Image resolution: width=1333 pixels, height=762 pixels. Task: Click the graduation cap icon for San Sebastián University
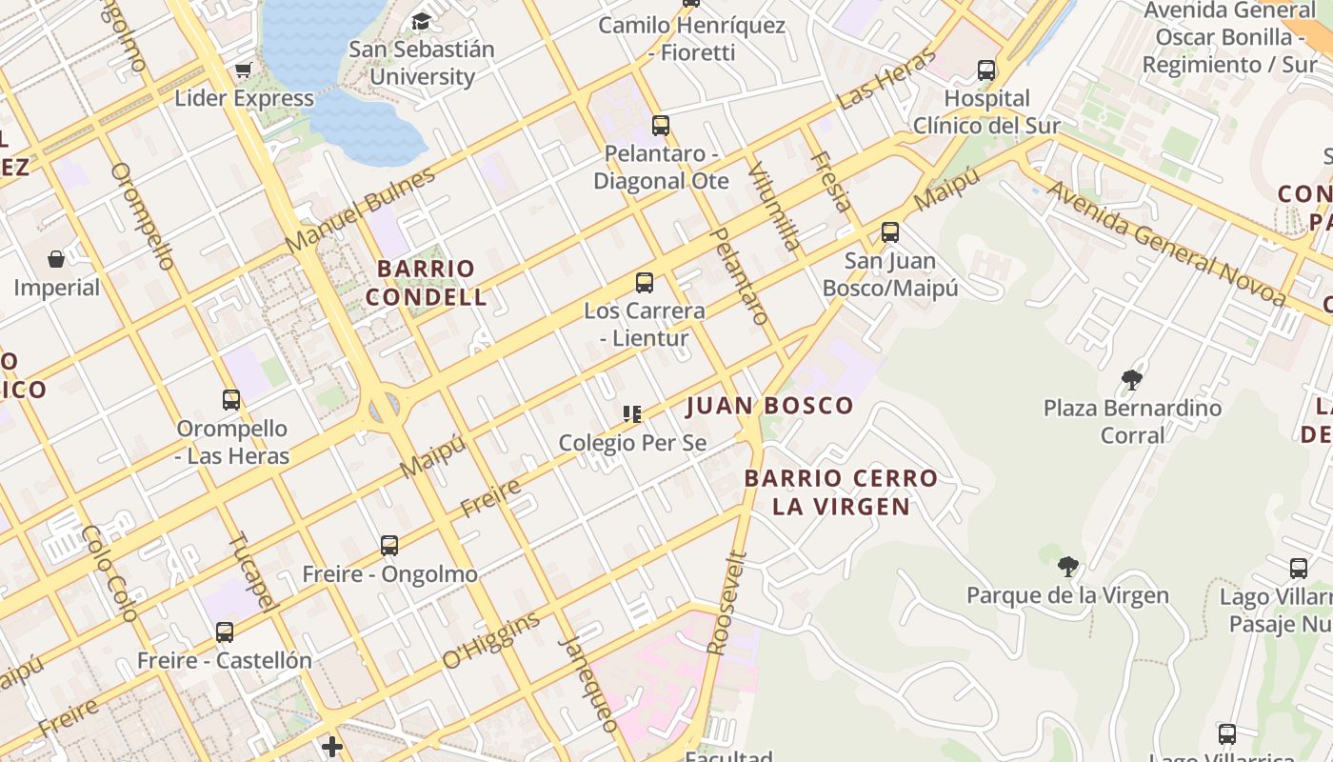point(421,21)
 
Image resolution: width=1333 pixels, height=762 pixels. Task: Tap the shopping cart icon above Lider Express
point(243,70)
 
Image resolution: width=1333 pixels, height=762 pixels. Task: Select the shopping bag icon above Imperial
point(56,259)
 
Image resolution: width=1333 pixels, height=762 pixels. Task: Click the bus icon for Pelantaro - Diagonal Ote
point(660,125)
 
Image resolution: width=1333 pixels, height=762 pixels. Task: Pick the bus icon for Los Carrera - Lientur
point(645,283)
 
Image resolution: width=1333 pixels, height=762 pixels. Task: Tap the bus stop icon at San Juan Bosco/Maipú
point(890,232)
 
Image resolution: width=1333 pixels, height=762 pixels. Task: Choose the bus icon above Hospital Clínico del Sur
point(986,70)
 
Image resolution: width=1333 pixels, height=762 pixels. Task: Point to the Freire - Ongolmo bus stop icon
point(389,546)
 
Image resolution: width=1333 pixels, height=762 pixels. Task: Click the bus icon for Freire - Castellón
point(225,632)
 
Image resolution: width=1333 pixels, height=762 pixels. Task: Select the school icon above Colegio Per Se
point(632,413)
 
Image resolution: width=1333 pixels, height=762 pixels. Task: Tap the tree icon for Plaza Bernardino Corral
point(1132,380)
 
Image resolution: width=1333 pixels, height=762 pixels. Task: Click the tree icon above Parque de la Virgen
point(1067,567)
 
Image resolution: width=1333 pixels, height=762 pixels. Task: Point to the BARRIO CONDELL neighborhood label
point(426,283)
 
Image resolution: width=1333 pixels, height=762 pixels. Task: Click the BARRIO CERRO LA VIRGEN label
point(841,492)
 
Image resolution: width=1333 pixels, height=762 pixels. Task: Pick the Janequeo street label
point(588,683)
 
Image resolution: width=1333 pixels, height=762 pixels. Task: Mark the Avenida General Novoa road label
point(1167,244)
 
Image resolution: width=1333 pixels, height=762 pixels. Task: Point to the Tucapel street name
point(252,571)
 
